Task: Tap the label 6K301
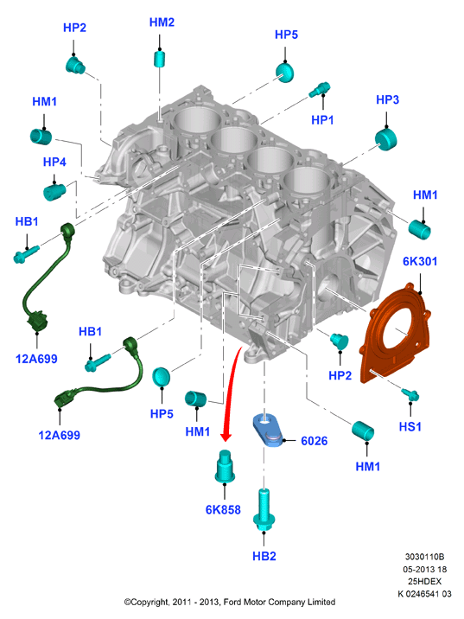coord(420,261)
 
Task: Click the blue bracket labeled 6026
coord(269,430)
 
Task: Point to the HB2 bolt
coord(264,510)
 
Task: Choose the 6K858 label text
coord(223,510)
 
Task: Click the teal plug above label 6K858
coord(226,466)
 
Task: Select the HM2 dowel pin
coord(159,59)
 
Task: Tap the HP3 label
coord(387,99)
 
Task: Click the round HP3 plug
coord(385,139)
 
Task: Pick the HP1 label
coord(322,119)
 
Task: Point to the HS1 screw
coord(410,394)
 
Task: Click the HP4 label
coord(54,162)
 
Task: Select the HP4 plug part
coord(54,191)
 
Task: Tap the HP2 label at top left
coord(74,28)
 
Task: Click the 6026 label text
coord(314,441)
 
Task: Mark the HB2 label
coord(264,556)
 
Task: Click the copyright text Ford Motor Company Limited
coord(279,602)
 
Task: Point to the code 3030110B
coord(424,557)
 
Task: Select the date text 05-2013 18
coord(424,569)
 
